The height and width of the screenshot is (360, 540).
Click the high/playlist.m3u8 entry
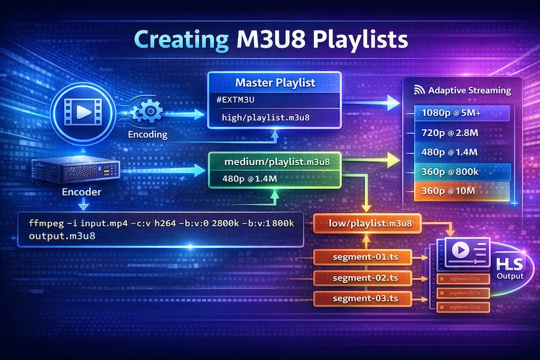265,118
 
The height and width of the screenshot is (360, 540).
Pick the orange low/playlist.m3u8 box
366,222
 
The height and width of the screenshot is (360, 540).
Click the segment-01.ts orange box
363,258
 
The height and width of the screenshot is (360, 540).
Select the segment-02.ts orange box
363,278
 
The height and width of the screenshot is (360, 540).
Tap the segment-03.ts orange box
363,298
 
